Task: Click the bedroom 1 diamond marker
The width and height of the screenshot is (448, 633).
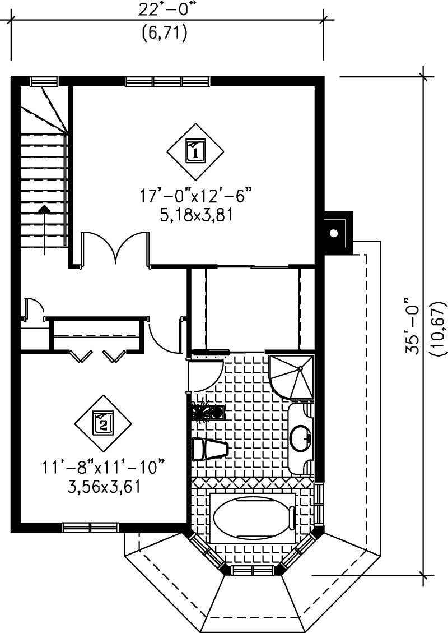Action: coord(195,151)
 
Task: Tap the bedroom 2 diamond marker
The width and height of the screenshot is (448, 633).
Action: coord(103,422)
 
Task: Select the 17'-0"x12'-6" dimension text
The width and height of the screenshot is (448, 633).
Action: coord(195,196)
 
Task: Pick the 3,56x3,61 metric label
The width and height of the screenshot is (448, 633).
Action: coord(103,485)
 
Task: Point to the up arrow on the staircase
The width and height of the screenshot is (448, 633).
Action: coord(43,209)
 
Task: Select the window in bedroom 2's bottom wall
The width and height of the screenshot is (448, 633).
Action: coord(91,527)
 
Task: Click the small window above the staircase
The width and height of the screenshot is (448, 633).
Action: coord(44,81)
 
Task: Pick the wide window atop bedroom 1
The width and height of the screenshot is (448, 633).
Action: coord(167,81)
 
